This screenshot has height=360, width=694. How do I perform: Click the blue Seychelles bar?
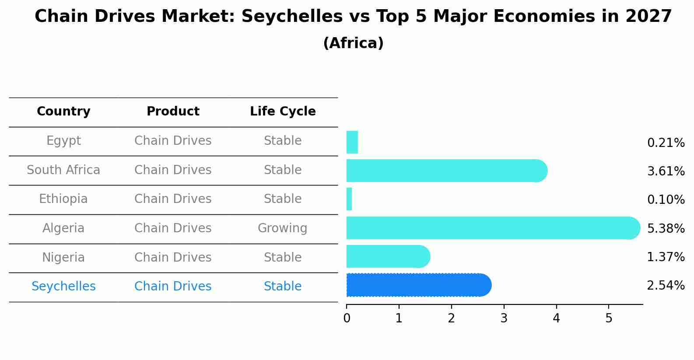click(x=419, y=285)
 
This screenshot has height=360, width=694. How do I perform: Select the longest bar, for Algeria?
click(x=493, y=228)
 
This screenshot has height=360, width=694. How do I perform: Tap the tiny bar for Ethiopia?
click(x=349, y=199)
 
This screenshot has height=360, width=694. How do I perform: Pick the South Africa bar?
click(x=446, y=171)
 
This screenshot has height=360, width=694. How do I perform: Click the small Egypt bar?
click(x=352, y=142)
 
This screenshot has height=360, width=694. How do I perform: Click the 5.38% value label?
click(x=666, y=228)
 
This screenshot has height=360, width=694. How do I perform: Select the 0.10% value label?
click(x=666, y=200)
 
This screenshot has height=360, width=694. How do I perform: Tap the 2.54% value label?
click(x=666, y=286)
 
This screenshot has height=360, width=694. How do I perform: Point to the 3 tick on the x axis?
click(x=504, y=318)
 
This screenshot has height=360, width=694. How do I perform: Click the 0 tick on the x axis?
click(x=347, y=318)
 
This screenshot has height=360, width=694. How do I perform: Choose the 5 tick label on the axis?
click(x=609, y=318)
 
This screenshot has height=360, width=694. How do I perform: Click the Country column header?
click(x=63, y=112)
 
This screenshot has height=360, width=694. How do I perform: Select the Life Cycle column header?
click(x=283, y=112)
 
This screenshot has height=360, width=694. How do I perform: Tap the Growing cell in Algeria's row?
click(x=282, y=228)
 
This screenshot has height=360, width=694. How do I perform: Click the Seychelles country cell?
click(x=63, y=287)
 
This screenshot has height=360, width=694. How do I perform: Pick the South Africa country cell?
click(x=63, y=170)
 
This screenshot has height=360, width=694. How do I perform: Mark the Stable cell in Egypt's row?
click(x=283, y=141)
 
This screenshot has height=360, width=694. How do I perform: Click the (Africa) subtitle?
click(x=353, y=43)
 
